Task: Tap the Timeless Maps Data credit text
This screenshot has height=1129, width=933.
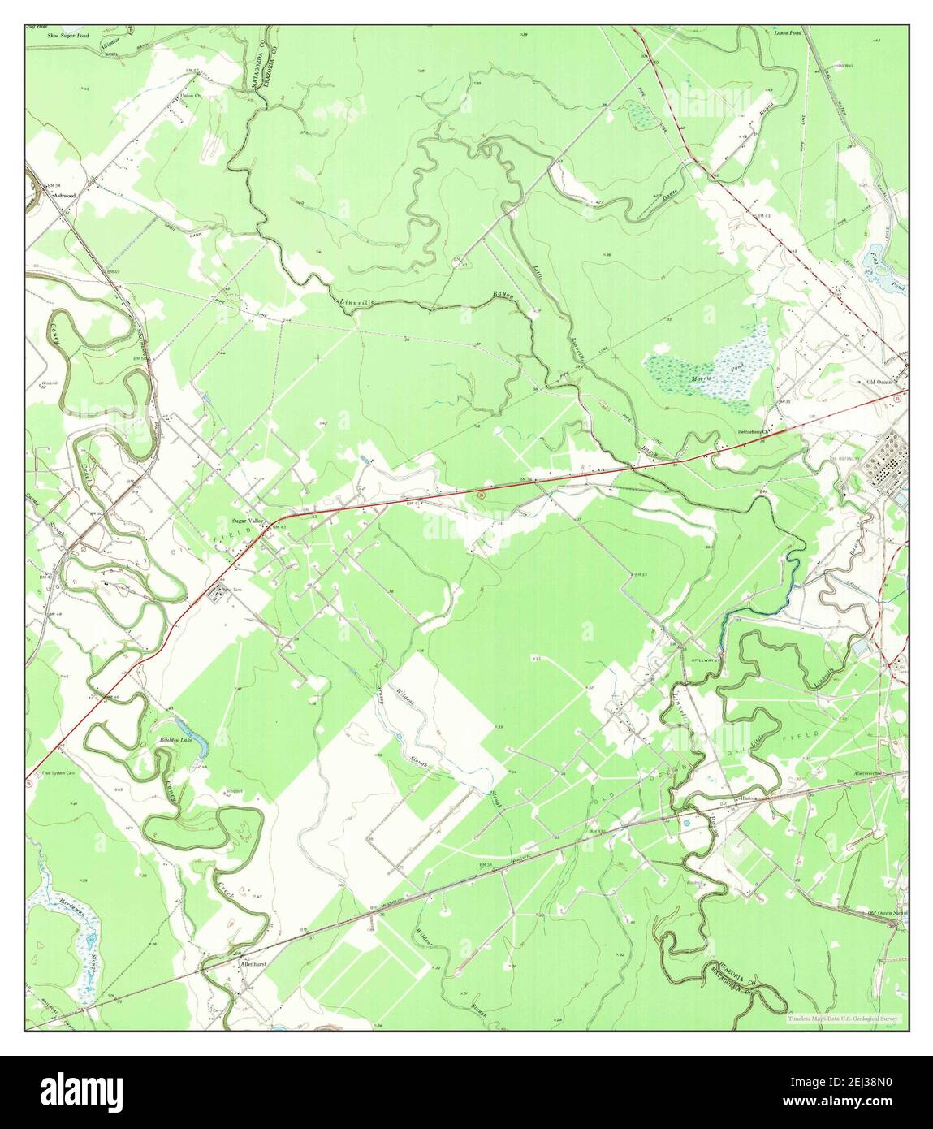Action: [x=849, y=1018]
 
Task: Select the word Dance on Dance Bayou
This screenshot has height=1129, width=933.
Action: [x=670, y=195]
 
